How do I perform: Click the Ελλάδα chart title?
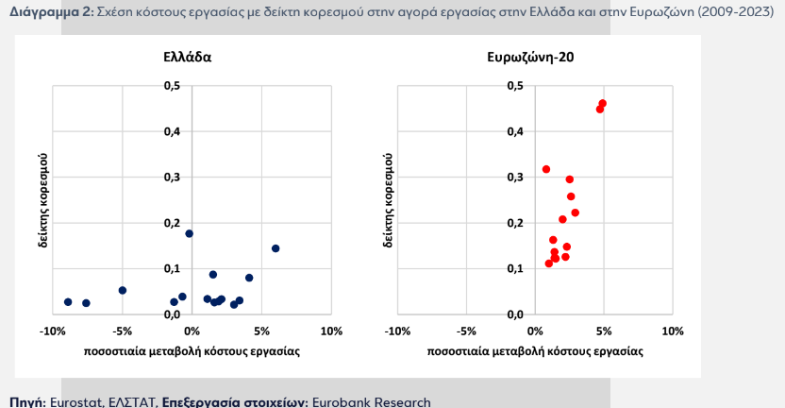point(187,57)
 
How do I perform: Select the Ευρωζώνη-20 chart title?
point(530,57)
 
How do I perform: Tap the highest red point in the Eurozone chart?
point(602,104)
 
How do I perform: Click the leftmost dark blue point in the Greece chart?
point(68,302)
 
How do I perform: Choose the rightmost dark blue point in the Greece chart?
point(276,248)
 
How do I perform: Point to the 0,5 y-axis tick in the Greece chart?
point(172,86)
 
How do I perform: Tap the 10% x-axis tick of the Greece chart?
point(330,331)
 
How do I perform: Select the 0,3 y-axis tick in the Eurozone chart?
point(515,178)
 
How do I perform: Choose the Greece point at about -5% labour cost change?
point(123,291)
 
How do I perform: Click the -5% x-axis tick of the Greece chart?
point(122,331)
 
